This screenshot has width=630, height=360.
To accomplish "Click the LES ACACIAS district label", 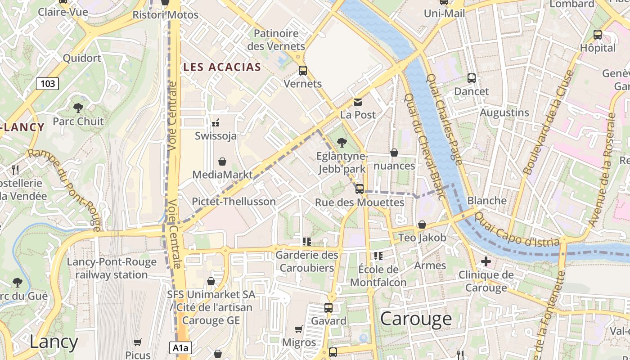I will pyautogui.click(x=222, y=67).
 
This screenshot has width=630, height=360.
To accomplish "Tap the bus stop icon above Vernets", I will pyautogui.click(x=303, y=71).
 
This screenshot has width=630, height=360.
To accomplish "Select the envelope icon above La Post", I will pyautogui.click(x=358, y=102).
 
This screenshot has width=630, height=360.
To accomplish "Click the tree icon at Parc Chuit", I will pyautogui.click(x=78, y=108).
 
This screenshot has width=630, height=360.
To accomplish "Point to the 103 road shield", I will pyautogui.click(x=47, y=83).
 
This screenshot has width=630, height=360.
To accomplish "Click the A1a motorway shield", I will pyautogui.click(x=180, y=347).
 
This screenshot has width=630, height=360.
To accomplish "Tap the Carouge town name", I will pyautogui.click(x=416, y=319).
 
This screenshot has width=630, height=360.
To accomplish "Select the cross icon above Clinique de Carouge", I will pyautogui.click(x=486, y=261).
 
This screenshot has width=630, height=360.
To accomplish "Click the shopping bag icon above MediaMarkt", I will pyautogui.click(x=222, y=162).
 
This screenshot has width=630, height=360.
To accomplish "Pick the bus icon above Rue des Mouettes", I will pyautogui.click(x=359, y=189).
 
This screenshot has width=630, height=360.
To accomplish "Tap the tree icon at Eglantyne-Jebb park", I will pyautogui.click(x=342, y=143).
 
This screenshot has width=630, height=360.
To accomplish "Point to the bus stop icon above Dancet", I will pyautogui.click(x=471, y=78).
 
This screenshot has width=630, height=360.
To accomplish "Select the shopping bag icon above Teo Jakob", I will pyautogui.click(x=422, y=225).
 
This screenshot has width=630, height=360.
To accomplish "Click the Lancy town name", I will pyautogui.click(x=54, y=342).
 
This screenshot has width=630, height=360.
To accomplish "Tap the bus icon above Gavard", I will pyautogui.click(x=328, y=308).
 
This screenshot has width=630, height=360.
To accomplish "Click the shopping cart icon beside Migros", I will pyautogui.click(x=298, y=329).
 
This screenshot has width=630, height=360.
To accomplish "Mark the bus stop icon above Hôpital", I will pyautogui.click(x=598, y=35).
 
